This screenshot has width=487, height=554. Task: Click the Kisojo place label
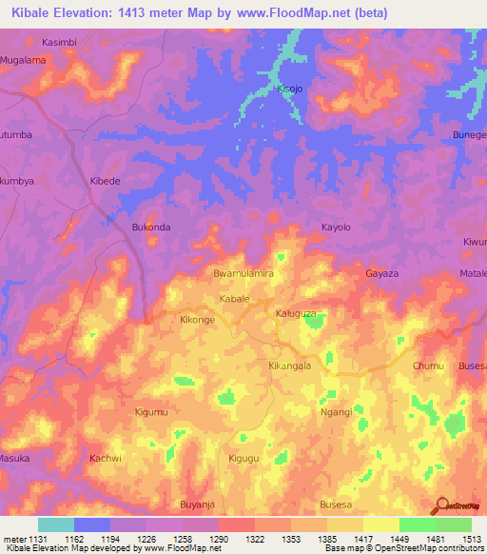coord(288,89)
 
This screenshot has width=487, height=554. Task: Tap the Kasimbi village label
coord(62,43)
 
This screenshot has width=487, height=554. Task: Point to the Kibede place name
coord(105,181)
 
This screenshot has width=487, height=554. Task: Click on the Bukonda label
coord(150,228)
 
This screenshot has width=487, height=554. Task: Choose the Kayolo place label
coord(336,228)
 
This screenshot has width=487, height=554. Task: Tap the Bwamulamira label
coord(243,273)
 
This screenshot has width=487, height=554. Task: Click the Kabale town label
coord(234,299)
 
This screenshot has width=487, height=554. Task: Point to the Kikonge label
coord(197,321)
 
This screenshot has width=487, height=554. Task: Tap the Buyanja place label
coord(199,504)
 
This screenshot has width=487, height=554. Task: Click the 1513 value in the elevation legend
coord(472,538)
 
